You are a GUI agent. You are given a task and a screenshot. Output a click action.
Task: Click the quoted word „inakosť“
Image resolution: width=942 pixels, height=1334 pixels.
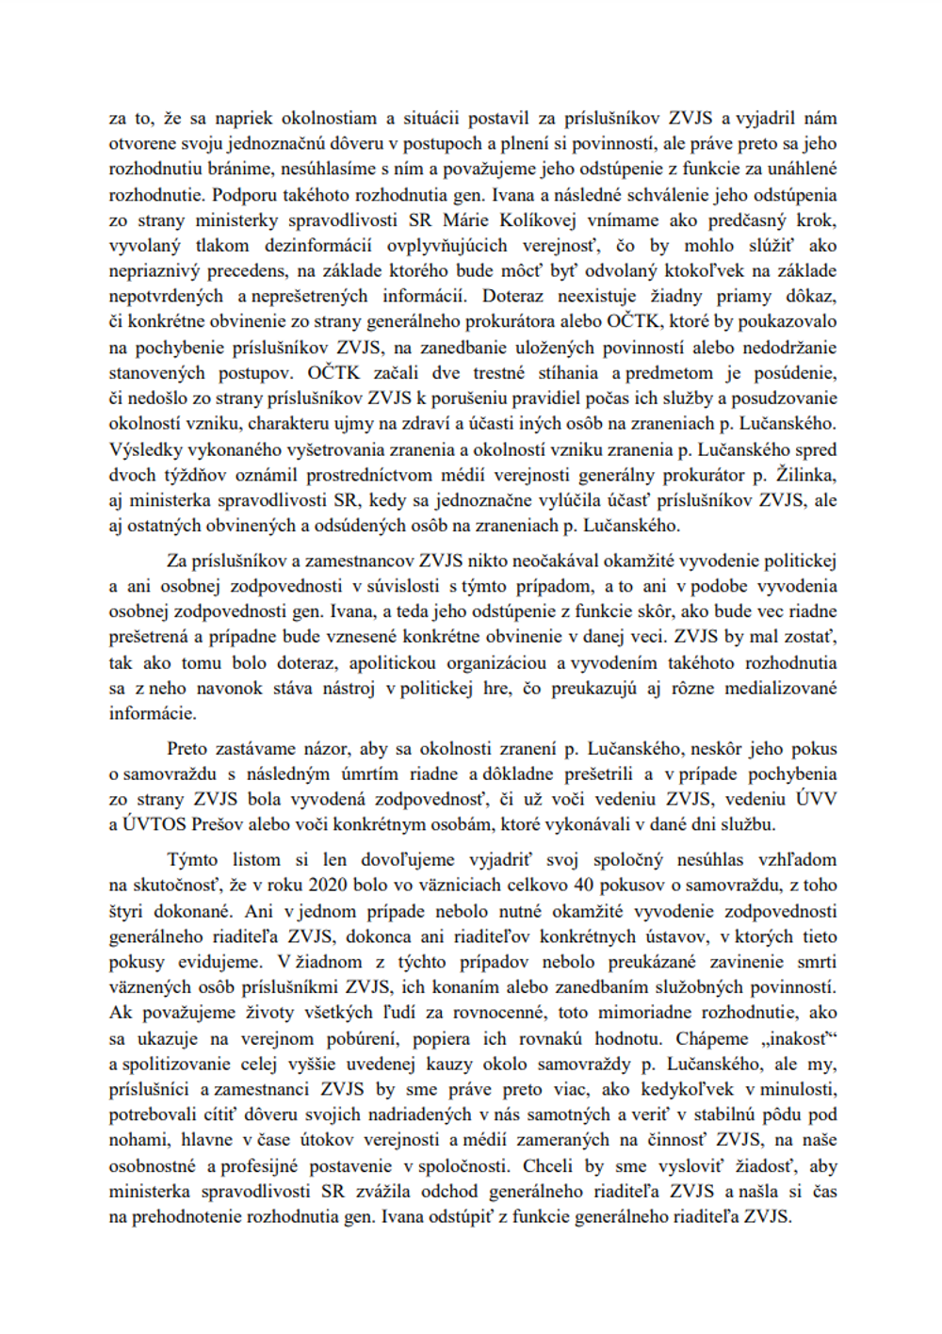(x=800, y=1038)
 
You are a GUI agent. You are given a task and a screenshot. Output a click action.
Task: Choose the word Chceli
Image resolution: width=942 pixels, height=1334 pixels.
(x=548, y=1165)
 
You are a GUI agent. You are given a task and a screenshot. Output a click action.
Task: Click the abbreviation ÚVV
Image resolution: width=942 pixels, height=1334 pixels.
(x=816, y=799)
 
